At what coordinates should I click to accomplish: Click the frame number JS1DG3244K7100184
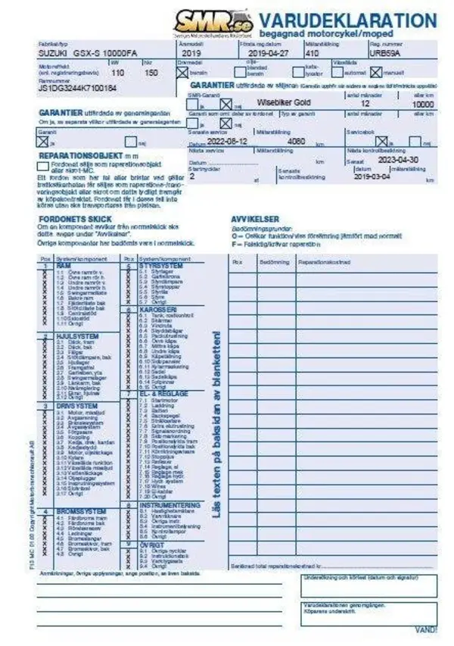pos(77,89)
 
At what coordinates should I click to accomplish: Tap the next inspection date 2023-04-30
pos(397,161)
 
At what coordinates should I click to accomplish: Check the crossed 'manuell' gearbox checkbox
pos(376,73)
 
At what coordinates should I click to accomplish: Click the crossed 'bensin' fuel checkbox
pos(182,73)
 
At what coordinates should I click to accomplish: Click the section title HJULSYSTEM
pos(78,336)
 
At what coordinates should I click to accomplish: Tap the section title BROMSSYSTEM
pos(80,512)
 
